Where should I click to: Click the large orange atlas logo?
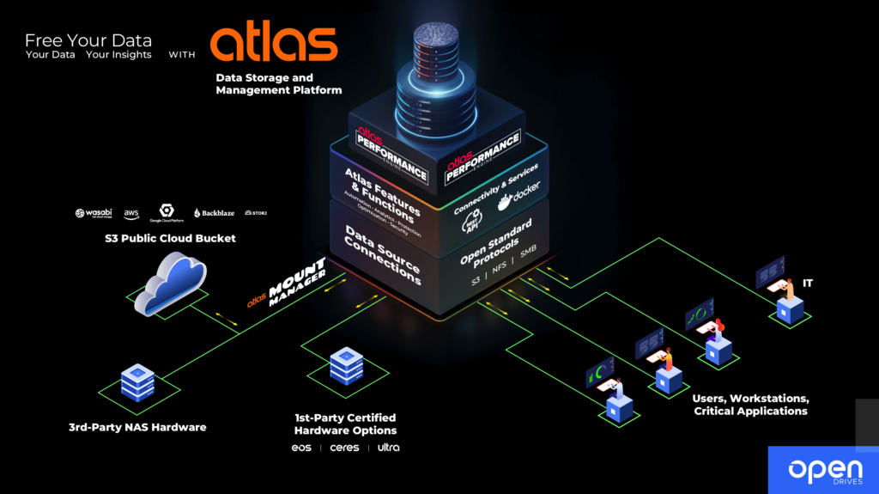(273, 44)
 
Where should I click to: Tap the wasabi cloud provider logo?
(90, 213)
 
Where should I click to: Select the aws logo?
(131, 212)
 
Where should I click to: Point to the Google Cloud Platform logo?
(166, 213)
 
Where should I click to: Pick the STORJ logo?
(255, 212)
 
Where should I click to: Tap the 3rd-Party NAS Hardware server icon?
(137, 382)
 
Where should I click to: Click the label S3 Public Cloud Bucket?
(174, 238)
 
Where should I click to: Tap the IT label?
(808, 283)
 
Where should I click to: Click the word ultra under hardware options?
(388, 448)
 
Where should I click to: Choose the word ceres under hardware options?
(344, 448)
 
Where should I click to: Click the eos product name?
(301, 448)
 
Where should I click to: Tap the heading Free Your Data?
(88, 40)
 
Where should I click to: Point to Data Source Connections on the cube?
(382, 256)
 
